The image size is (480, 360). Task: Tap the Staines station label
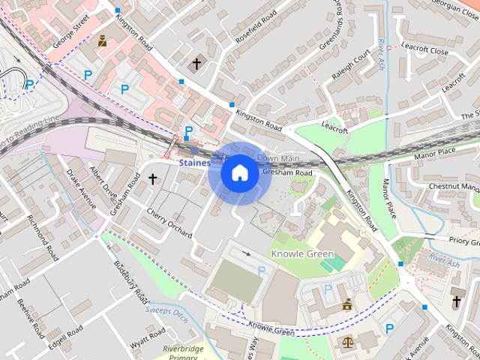pyautogui.click(x=194, y=162)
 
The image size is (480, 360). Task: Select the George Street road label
pyautogui.click(x=72, y=30)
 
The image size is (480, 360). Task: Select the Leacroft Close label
pyautogui.click(x=424, y=52)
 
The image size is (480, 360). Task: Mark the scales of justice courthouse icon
pyautogui.click(x=348, y=341)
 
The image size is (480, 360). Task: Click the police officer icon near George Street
pyautogui.click(x=101, y=41)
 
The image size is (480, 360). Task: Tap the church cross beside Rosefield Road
pyautogui.click(x=196, y=64)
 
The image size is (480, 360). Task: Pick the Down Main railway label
pyautogui.click(x=277, y=158)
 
